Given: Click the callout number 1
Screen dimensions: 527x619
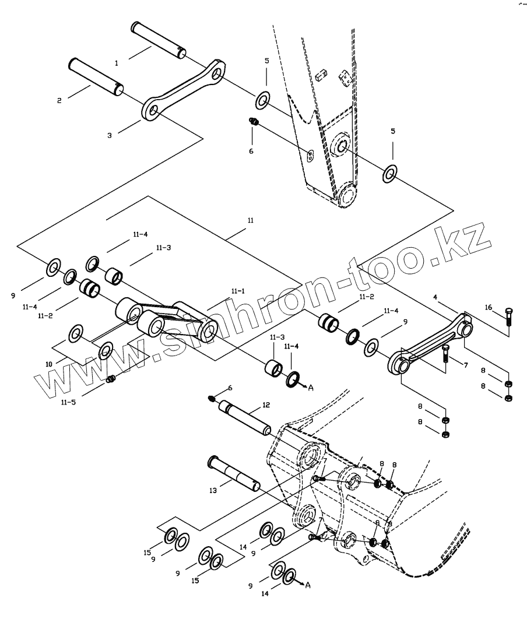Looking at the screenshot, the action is (x=117, y=63).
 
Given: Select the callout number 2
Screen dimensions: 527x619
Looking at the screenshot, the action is (x=59, y=101).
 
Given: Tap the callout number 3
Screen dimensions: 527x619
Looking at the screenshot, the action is (x=110, y=135).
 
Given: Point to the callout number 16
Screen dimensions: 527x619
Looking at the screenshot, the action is (x=489, y=308).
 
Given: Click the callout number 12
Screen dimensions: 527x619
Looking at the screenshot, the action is (x=266, y=405).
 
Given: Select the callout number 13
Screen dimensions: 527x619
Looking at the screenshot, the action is (x=213, y=491).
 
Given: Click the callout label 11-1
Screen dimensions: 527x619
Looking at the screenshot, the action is (x=238, y=291).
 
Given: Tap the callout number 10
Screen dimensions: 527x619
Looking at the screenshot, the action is (x=48, y=364).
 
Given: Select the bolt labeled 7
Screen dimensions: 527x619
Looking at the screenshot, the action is (x=445, y=354).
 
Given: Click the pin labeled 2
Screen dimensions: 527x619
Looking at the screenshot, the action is (x=96, y=77).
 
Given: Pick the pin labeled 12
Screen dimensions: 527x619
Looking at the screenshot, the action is (x=245, y=418).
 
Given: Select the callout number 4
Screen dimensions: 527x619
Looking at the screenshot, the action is (x=435, y=297).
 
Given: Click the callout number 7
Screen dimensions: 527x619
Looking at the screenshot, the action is (x=466, y=365).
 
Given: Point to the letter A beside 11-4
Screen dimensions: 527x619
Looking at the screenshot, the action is (x=311, y=388).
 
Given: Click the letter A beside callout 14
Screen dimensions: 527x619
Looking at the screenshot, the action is (x=308, y=585).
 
